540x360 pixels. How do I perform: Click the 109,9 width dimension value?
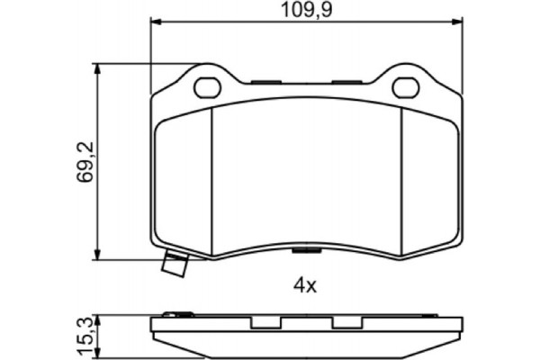304,11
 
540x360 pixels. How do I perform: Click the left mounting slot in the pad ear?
209,87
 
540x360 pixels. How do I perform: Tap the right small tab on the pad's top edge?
346,81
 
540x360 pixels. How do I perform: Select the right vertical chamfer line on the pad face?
401,175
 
